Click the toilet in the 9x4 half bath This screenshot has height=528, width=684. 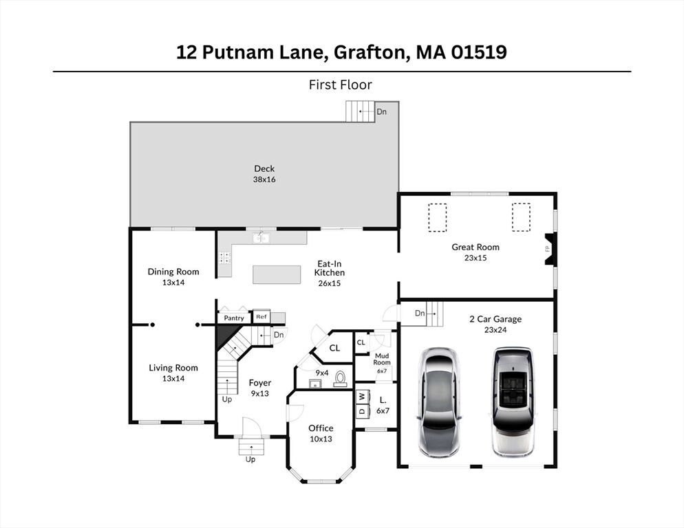tap(340, 379)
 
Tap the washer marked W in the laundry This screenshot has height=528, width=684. tap(362, 396)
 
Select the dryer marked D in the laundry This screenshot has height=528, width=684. tap(362, 410)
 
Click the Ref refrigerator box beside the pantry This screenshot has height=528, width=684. tap(261, 316)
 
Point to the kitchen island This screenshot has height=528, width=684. tap(277, 275)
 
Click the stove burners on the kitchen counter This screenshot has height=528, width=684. tap(224, 258)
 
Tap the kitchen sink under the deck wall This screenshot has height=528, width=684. tap(261, 238)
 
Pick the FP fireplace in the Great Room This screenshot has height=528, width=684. tap(548, 250)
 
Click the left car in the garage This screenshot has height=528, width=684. tap(440, 402)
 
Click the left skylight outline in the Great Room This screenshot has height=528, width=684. tap(438, 217)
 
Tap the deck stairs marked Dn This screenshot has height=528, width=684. tap(361, 111)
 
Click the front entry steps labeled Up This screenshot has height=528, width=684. tap(252, 446)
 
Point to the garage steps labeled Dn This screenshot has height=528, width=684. tap(434, 313)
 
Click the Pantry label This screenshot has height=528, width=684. tap(234, 318)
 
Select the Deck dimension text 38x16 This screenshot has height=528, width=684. tap(264, 179)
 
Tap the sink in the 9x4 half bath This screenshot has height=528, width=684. tap(314, 383)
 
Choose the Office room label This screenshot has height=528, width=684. tap(321, 428)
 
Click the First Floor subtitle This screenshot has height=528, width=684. tap(340, 85)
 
